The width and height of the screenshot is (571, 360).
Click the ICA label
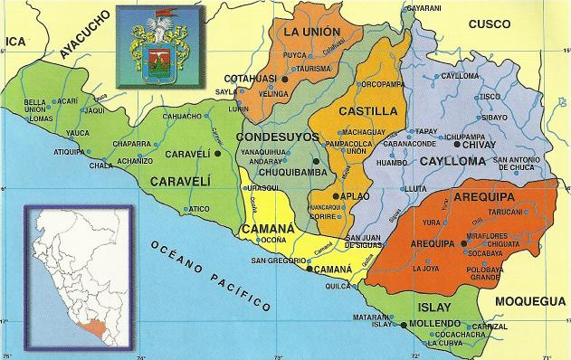[14, 42]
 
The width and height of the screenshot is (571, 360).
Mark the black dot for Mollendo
[403, 324]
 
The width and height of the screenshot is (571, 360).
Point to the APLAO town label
[356, 196]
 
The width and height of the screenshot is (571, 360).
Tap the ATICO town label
[199, 209]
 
